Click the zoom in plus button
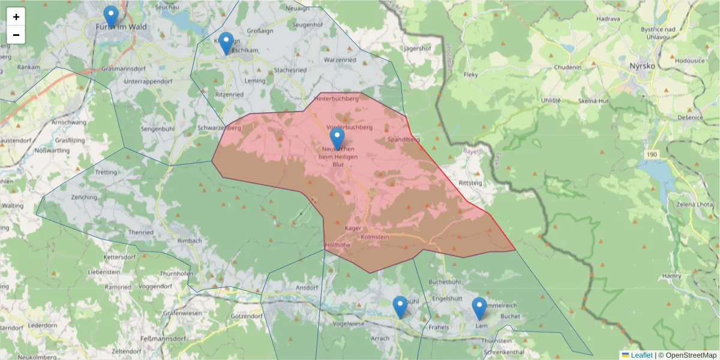click(16, 17)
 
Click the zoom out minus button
click(16, 35)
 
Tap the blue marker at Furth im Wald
click(110, 16)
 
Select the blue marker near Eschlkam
click(226, 43)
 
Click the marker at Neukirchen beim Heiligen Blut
click(337, 138)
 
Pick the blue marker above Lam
click(479, 308)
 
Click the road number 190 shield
click(652, 155)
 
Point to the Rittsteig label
click(470, 183)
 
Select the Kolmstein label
click(376, 238)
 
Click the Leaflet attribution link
click(641, 355)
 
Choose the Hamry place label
click(672, 276)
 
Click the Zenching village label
click(83, 197)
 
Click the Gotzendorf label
click(247, 316)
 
